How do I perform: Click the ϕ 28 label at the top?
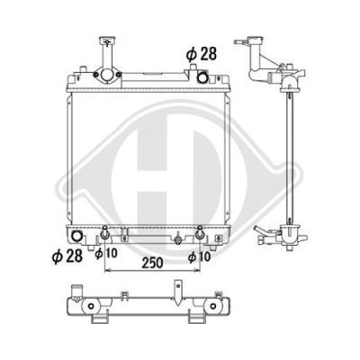(x=201, y=54)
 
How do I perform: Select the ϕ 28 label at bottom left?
(x=67, y=256)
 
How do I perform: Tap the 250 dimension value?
(x=152, y=263)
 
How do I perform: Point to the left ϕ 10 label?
(x=106, y=253)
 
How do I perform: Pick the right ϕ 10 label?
(x=199, y=256)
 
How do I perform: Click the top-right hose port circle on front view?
(x=202, y=77)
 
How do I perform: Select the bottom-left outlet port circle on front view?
(x=76, y=236)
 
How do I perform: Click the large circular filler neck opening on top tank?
(x=106, y=75)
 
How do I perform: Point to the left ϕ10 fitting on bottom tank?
(x=104, y=234)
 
